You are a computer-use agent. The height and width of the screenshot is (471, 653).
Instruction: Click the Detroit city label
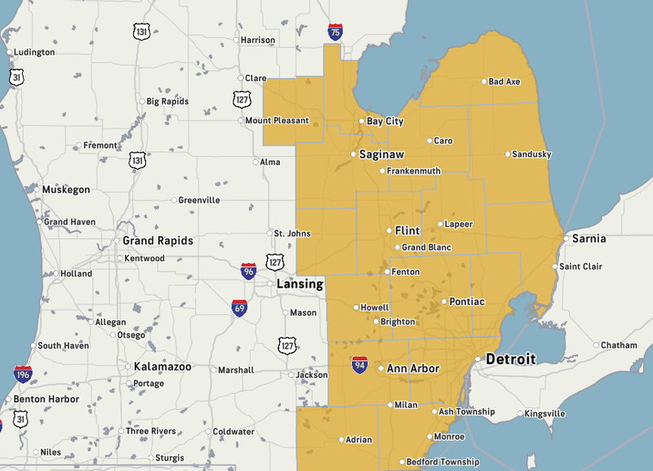pyautogui.click(x=511, y=359)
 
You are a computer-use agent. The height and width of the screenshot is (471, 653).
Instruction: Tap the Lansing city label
pyautogui.click(x=300, y=284)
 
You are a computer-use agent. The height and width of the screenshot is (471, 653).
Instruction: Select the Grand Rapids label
pyautogui.click(x=158, y=241)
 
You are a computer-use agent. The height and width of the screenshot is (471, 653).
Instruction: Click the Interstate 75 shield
pyautogui.click(x=335, y=32)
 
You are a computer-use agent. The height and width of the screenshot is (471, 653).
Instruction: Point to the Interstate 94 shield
pyautogui.click(x=359, y=365)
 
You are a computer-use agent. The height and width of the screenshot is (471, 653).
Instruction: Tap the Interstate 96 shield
pyautogui.click(x=248, y=271)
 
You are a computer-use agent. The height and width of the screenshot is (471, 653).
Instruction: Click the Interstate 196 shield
pyautogui.click(x=23, y=375)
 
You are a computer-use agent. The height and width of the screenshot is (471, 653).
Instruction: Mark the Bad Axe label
pyautogui.click(x=504, y=82)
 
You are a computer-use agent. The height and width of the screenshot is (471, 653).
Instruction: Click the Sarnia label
pyautogui.click(x=589, y=238)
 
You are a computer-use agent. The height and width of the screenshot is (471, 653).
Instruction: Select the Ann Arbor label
pyautogui.click(x=413, y=368)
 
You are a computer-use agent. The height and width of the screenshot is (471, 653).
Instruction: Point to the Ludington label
pyautogui.click(x=34, y=52)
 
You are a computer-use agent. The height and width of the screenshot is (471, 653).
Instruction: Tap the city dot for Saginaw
pyautogui.click(x=353, y=154)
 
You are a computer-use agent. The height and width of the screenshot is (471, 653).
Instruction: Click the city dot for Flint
pyautogui.click(x=389, y=231)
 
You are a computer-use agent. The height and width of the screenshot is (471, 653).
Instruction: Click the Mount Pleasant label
pyautogui.click(x=277, y=121)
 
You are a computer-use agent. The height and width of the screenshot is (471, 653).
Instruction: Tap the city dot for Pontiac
pyautogui.click(x=443, y=302)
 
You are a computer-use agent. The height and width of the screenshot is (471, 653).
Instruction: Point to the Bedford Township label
pyautogui.click(x=444, y=462)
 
